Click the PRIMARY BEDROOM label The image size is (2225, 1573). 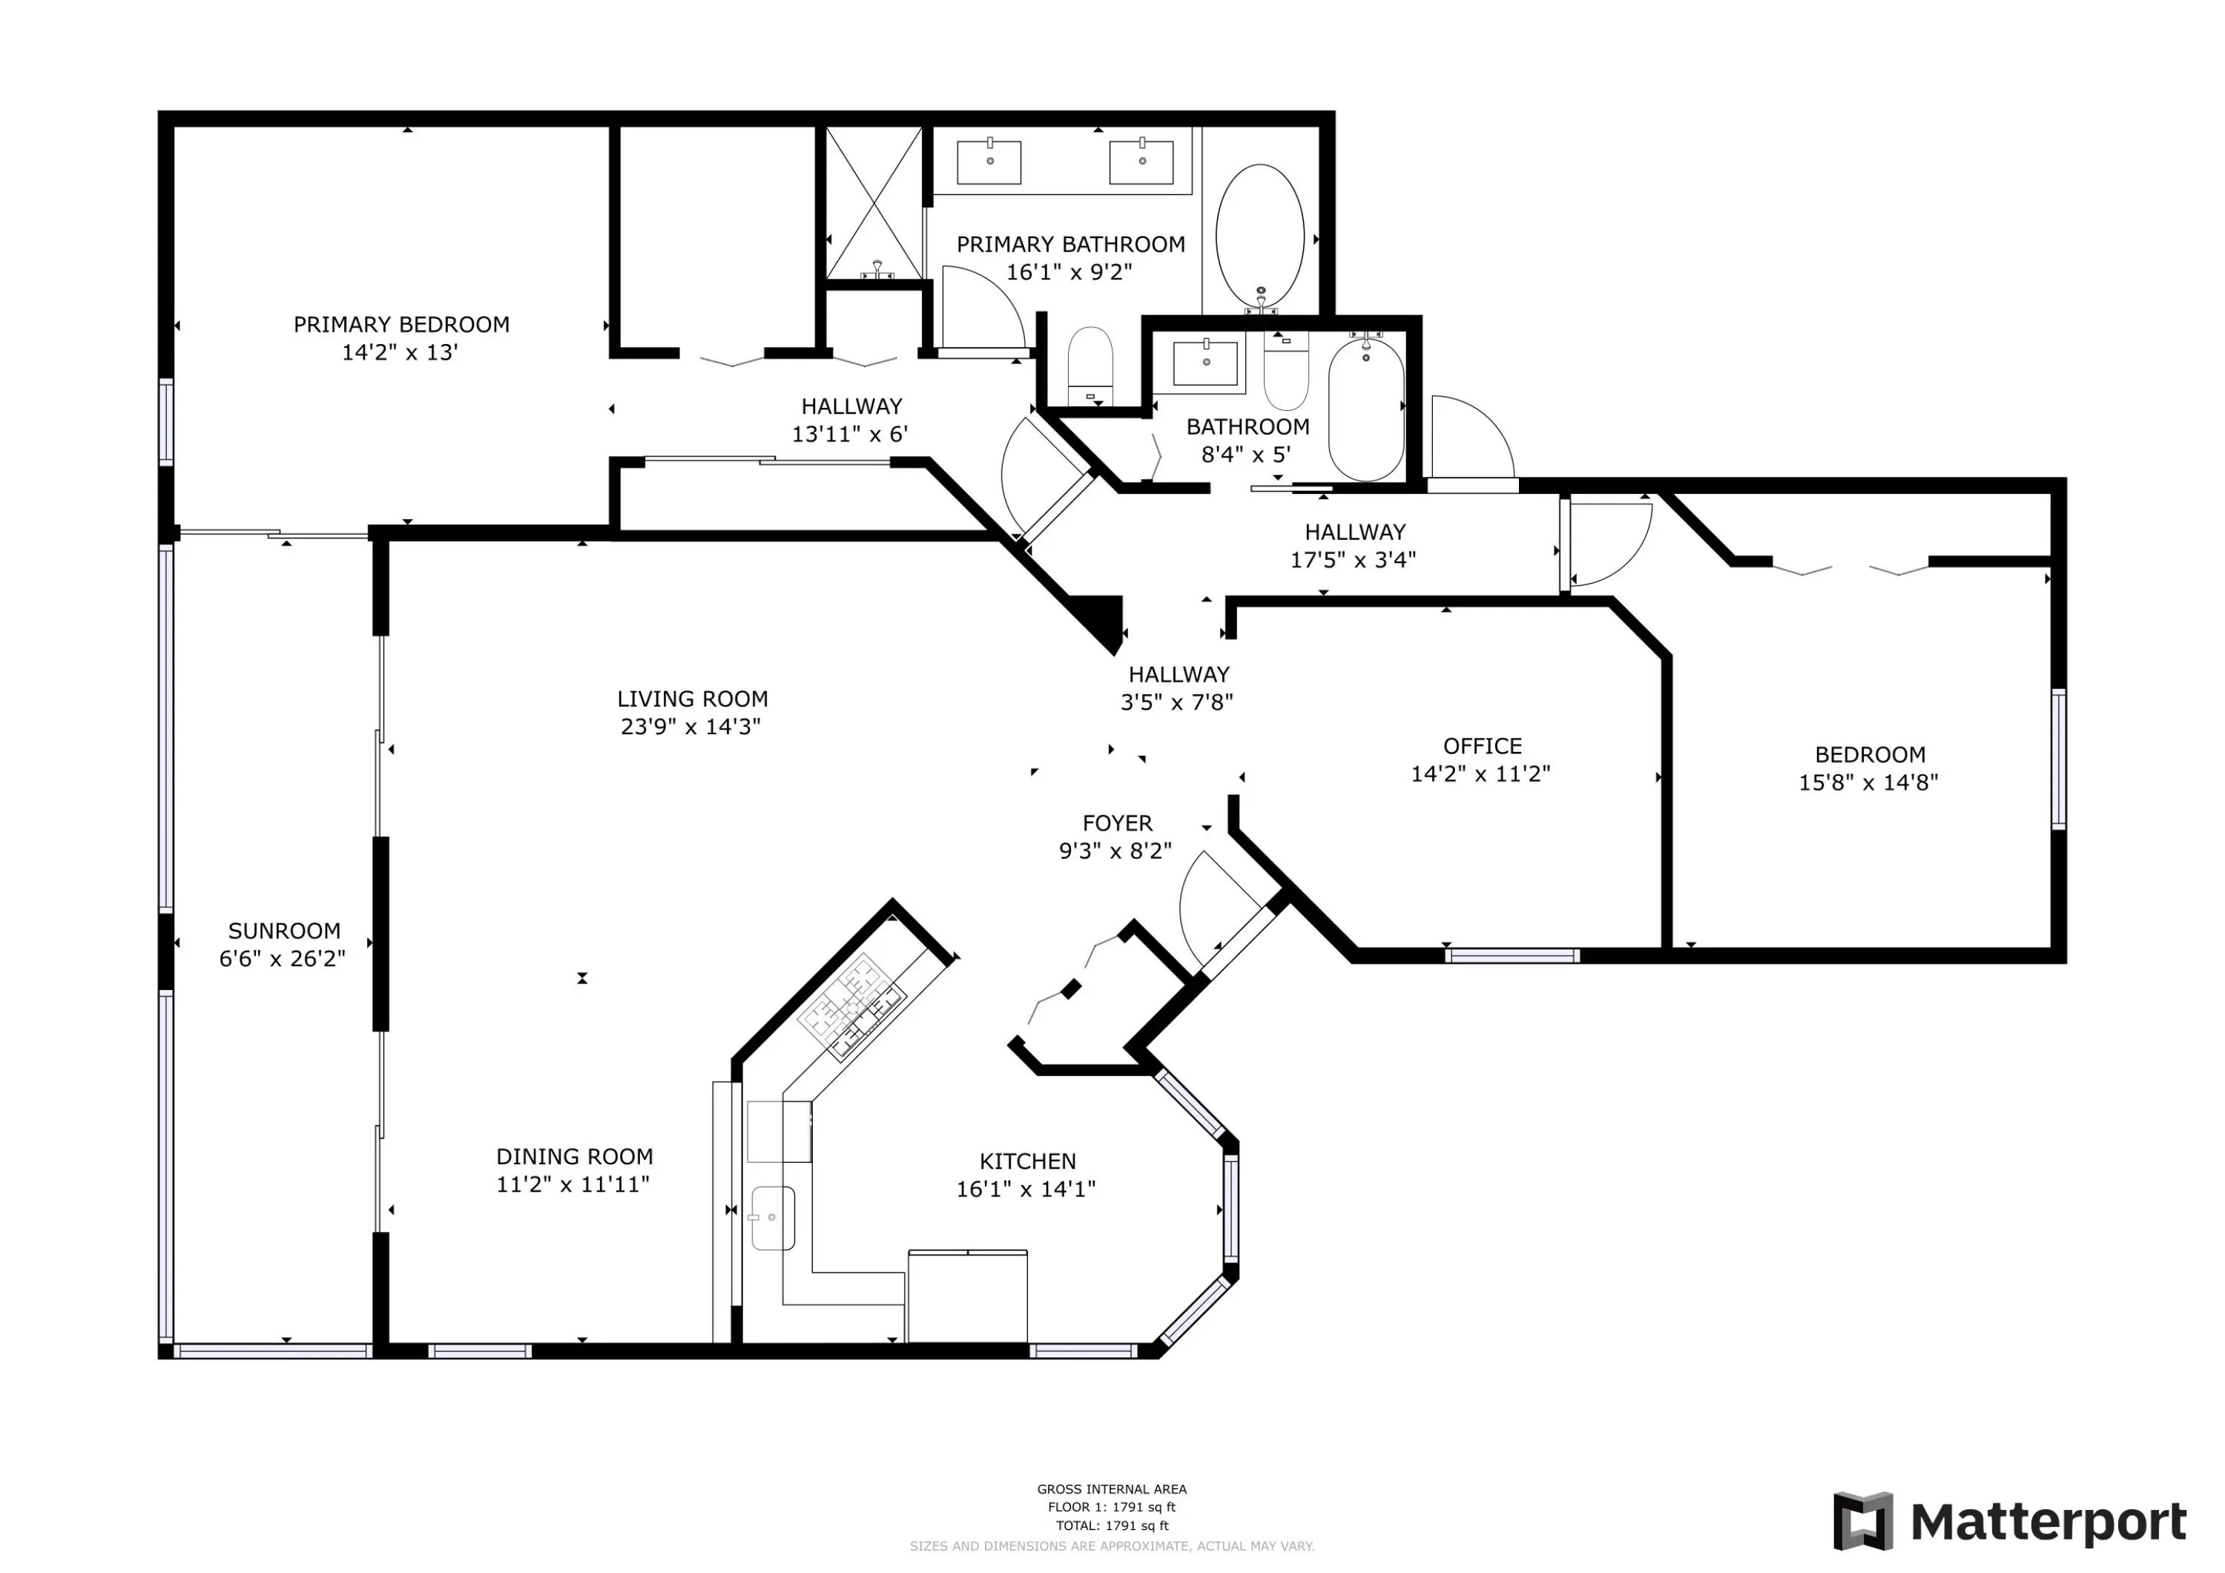[401, 325]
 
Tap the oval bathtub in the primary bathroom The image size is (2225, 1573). [1260, 237]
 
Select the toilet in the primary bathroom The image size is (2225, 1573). [1090, 366]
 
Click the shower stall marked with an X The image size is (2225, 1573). [874, 202]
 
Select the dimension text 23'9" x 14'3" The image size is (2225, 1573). [691, 727]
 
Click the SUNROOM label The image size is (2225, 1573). [284, 931]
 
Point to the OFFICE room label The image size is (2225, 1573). [1482, 746]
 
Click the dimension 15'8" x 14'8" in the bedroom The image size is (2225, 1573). [1868, 782]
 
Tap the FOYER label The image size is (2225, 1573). [1118, 823]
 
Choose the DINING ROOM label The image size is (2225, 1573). [575, 1156]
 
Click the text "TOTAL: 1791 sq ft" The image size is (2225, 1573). [1112, 1526]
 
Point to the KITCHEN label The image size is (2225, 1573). [1027, 1161]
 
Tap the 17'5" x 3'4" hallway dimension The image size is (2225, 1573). [1353, 559]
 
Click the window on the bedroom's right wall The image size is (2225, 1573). [2058, 759]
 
